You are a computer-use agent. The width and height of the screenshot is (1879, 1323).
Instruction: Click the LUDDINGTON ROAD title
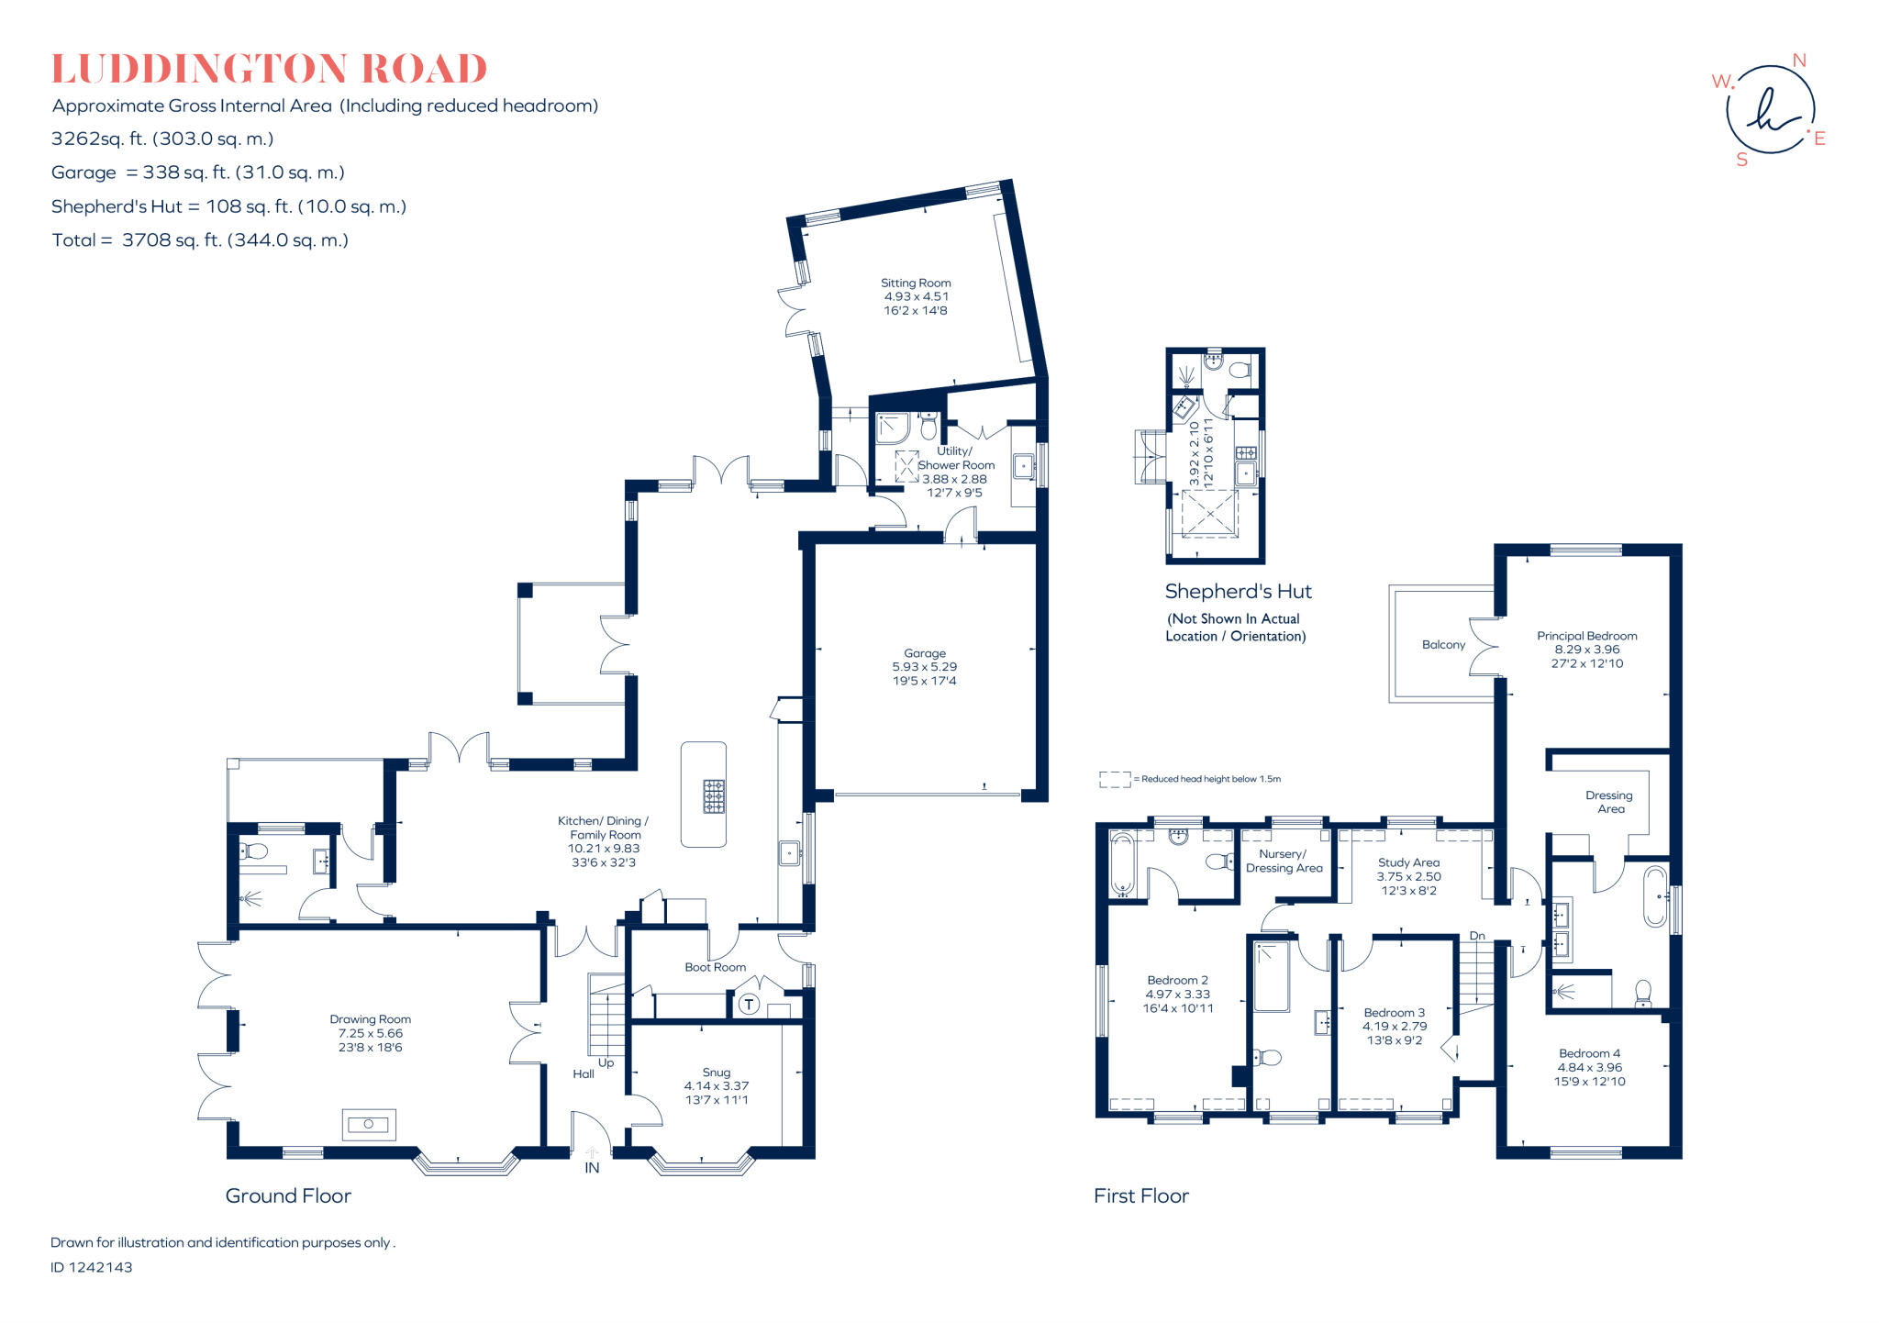click(x=269, y=70)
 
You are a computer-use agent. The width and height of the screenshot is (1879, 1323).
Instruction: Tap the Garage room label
click(x=924, y=653)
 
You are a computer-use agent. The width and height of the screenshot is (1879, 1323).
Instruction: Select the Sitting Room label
click(x=916, y=283)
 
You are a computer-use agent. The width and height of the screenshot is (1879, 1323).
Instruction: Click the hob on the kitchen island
click(x=714, y=796)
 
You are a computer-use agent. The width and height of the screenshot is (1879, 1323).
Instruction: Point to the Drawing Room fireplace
click(x=369, y=1124)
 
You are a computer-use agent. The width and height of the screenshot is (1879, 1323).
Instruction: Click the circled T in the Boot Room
click(x=749, y=1005)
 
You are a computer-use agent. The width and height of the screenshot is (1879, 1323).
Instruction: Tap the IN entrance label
click(x=592, y=1168)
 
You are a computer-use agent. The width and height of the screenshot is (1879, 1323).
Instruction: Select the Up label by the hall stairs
click(x=606, y=1062)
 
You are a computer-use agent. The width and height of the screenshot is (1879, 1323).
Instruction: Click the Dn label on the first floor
click(x=1477, y=936)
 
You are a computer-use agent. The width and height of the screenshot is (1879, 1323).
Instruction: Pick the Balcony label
click(x=1443, y=645)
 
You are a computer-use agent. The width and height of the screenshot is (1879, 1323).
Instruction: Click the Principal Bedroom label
click(x=1586, y=636)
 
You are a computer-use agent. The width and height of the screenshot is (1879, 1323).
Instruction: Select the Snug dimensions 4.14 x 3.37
click(x=717, y=1086)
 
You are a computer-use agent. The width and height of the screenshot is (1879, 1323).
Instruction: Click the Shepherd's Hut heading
click(x=1238, y=592)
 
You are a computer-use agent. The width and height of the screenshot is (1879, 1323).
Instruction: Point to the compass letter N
click(x=1798, y=61)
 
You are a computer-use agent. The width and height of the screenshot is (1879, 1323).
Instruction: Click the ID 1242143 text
click(x=92, y=1267)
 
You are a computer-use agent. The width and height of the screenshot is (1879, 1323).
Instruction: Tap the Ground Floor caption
click(x=288, y=1195)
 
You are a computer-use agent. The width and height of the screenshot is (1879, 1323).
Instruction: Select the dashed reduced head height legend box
click(x=1114, y=779)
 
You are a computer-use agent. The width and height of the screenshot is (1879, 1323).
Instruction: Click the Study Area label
click(x=1408, y=862)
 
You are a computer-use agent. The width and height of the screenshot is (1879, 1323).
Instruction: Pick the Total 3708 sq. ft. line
click(x=200, y=240)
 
